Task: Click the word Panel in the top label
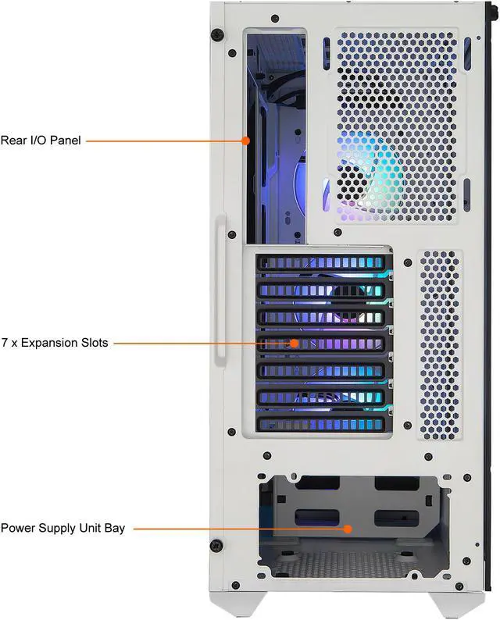click(62, 141)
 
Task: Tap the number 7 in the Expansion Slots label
click(5, 343)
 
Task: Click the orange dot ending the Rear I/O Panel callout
click(245, 141)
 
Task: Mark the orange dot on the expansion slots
click(295, 343)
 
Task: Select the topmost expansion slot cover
click(321, 264)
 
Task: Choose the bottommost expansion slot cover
click(321, 423)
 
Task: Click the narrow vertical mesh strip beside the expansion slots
click(440, 344)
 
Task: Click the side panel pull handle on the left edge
click(221, 290)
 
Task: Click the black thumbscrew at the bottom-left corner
click(218, 544)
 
